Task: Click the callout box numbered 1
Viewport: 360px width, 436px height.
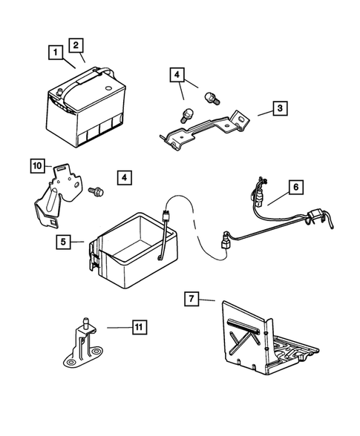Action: tap(56, 52)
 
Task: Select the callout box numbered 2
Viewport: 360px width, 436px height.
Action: tap(76, 45)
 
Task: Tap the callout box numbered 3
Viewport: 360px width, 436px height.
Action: tap(280, 108)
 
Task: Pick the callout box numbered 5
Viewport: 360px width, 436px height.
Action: tap(64, 242)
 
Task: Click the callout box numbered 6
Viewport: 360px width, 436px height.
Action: tap(295, 187)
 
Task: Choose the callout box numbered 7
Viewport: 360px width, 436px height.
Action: tap(192, 299)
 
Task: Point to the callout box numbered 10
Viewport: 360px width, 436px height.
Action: tap(37, 166)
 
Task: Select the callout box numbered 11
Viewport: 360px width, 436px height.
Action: tap(139, 327)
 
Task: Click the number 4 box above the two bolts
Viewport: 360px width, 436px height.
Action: tap(177, 74)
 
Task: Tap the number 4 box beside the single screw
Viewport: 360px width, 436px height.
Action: tap(124, 177)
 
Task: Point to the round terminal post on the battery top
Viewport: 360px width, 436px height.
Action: tap(59, 91)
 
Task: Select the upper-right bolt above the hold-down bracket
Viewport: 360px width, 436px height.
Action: tap(212, 98)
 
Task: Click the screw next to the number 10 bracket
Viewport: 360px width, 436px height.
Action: tap(96, 191)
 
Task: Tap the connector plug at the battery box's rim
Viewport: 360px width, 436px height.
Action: tap(166, 217)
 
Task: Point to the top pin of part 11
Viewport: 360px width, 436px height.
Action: tap(86, 323)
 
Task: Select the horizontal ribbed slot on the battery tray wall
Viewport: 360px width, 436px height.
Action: tap(243, 326)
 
